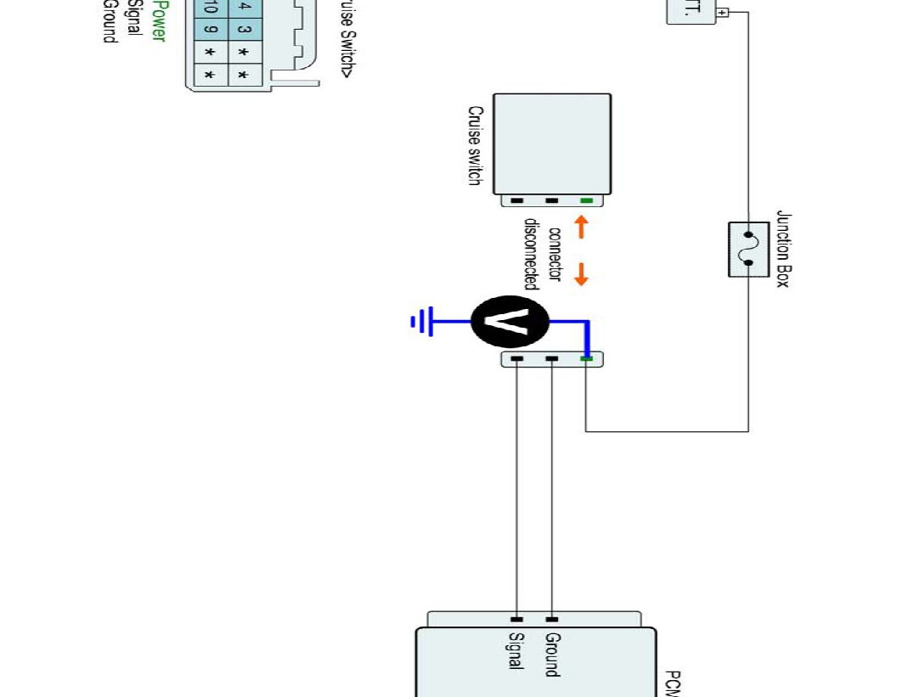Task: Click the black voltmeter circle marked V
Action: click(510, 322)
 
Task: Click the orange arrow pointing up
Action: click(582, 227)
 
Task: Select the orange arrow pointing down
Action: click(582, 274)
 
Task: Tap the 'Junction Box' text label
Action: click(782, 250)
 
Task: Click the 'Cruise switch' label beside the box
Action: click(476, 146)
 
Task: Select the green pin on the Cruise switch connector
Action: click(586, 201)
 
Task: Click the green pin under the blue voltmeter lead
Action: click(586, 359)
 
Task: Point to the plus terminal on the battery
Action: click(723, 13)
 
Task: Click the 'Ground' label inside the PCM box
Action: click(552, 654)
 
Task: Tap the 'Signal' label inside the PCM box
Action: click(516, 651)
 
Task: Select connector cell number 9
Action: click(210, 31)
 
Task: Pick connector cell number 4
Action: click(243, 8)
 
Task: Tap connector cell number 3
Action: click(243, 31)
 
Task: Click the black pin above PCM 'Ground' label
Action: click(552, 620)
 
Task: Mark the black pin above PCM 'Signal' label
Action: click(516, 620)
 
